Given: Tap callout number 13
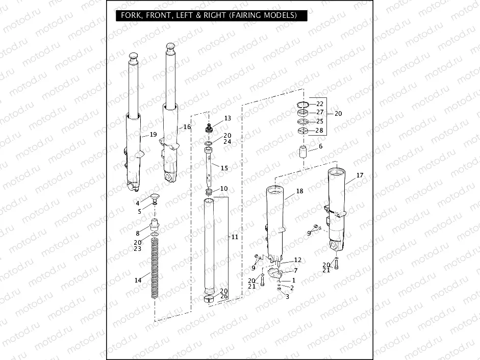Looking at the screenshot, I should (228, 118).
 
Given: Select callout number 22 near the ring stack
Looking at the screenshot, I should (320, 104).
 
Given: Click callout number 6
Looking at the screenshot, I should (320, 146).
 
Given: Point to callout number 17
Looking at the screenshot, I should (360, 175).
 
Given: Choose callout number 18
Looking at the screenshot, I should (299, 191).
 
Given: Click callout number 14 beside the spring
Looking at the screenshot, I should (138, 280).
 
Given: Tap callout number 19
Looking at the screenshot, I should (153, 135).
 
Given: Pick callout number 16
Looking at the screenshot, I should (187, 126).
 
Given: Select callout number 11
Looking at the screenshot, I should (235, 237).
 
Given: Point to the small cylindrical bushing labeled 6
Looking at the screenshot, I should (304, 152).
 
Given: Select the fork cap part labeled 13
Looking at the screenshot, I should (210, 127).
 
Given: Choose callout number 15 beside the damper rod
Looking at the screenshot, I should (224, 168).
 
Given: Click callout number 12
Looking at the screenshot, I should (298, 260).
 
